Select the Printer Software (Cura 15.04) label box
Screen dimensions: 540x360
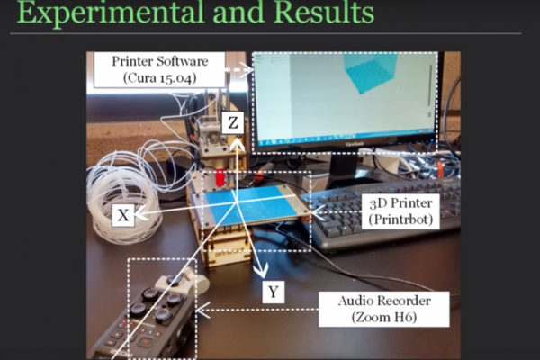tap(160, 70)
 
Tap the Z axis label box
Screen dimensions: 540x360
tap(233, 122)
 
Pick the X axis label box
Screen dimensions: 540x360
tap(123, 215)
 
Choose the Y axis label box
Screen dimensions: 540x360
tap(274, 292)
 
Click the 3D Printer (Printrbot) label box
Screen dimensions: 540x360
tap(400, 211)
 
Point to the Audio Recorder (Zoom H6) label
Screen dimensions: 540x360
tap(384, 309)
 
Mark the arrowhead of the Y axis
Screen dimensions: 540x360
tap(262, 271)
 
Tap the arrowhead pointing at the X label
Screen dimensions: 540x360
tap(139, 214)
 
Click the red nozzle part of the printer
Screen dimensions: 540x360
tap(219, 179)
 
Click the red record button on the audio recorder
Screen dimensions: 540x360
tap(144, 342)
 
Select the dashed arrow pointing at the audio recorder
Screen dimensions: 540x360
tap(257, 310)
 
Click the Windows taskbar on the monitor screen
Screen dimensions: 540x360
tap(345, 137)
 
